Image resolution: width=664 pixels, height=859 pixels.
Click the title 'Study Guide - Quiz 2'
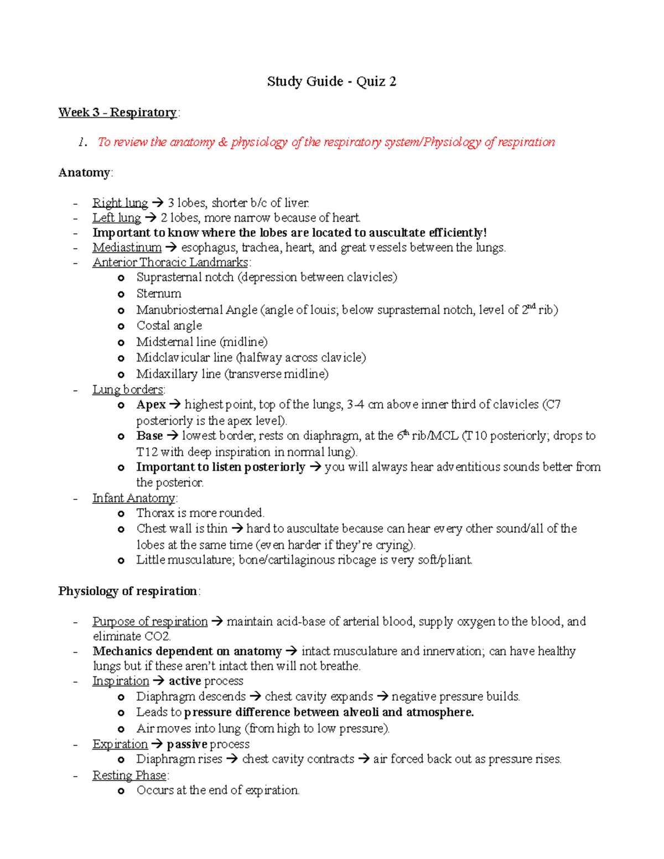point(331,82)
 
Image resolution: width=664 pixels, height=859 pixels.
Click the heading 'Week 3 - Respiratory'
point(117,113)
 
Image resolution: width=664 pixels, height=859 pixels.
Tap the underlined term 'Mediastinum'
point(127,248)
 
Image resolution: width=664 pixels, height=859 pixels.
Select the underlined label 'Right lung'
point(120,203)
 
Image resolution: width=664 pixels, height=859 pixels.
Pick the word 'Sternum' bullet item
point(159,294)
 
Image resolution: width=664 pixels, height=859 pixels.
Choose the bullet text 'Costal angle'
point(169,326)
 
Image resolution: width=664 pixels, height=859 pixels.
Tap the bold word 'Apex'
point(151,405)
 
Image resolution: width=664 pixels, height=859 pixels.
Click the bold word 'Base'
point(149,436)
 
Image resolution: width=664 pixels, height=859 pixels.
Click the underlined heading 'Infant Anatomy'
point(133,498)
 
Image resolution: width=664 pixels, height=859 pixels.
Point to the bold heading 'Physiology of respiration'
point(128,591)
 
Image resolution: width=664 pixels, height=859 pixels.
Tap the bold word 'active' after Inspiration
point(185,681)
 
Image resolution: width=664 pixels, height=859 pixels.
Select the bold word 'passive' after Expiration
point(187,745)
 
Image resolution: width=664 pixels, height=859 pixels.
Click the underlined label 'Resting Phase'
point(129,775)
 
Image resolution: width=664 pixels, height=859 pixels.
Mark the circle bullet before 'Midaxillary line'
point(121,374)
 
